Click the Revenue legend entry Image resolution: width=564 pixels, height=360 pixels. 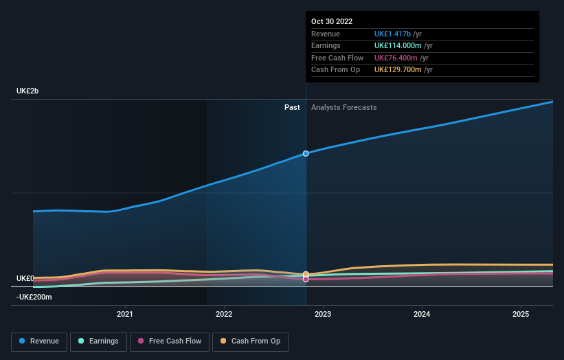pos(39,341)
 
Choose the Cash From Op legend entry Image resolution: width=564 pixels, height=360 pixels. pos(251,341)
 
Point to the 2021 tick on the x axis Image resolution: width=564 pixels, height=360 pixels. pos(125,314)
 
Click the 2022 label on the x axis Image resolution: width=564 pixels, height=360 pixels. pos(224,314)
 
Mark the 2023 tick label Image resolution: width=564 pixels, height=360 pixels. pos(323,314)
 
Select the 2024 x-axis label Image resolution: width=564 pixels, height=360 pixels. pos(422,314)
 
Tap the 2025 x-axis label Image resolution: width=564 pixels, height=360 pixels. pos(521,314)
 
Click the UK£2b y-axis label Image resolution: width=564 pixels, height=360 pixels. pos(28,91)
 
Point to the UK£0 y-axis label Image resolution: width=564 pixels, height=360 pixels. pos(25,278)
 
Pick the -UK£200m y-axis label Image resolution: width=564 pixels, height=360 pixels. pos(34,297)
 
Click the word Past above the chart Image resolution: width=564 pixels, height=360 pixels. pos(292,107)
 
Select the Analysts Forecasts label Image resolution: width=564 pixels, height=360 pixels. pos(343,107)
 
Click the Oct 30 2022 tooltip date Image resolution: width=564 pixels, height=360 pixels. pos(332,21)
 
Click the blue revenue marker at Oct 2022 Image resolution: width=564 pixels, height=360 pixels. pos(306,153)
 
